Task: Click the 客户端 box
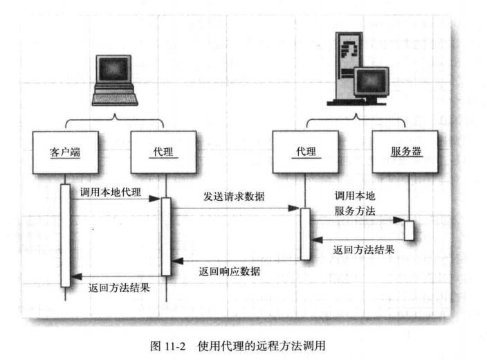(x=66, y=152)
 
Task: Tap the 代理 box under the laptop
(x=162, y=152)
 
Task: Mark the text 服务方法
(x=355, y=211)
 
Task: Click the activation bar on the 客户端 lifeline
(x=65, y=235)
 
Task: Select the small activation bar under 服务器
(x=409, y=229)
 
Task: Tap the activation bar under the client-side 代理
(x=166, y=236)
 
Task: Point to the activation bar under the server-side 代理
(x=304, y=233)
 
